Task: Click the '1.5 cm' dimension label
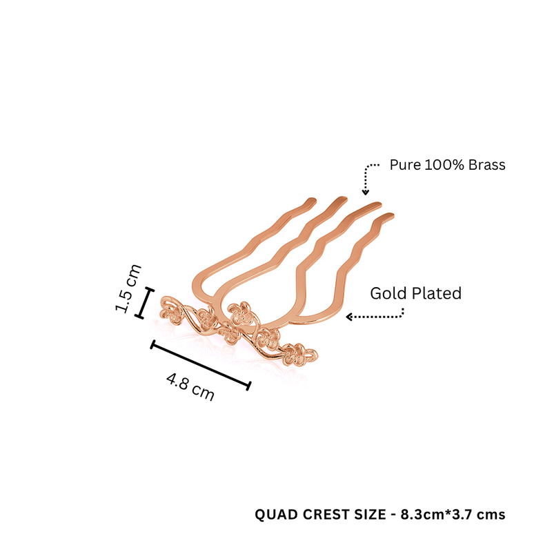[128, 288]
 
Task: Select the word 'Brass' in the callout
[486, 165]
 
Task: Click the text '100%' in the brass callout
[444, 165]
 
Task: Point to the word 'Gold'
[388, 293]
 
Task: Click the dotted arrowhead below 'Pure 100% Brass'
[366, 193]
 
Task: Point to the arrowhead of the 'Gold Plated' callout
[349, 317]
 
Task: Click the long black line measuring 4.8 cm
[201, 365]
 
